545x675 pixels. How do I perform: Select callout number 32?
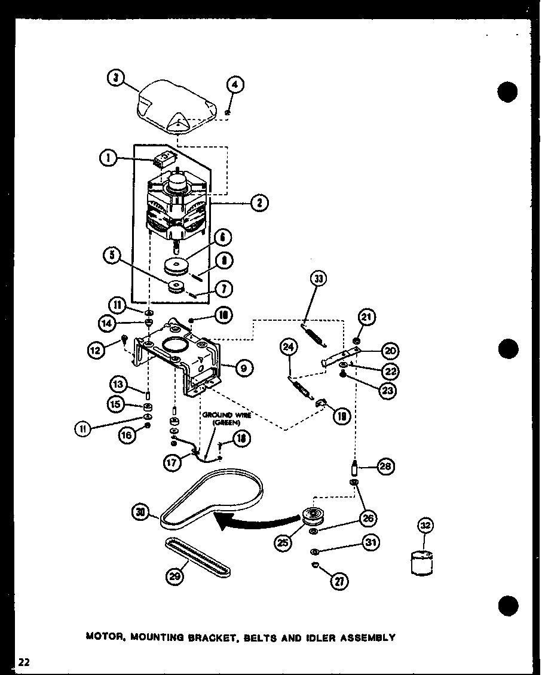[424, 526]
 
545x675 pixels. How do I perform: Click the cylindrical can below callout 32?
[423, 563]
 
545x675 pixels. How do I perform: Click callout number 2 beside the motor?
[259, 203]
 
